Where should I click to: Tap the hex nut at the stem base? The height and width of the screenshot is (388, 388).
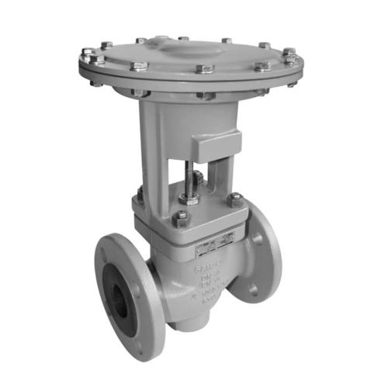(x=189, y=197)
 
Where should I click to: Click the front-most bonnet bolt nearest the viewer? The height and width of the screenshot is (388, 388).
(x=179, y=218)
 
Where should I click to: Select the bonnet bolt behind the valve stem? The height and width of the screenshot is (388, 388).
(x=199, y=180)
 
